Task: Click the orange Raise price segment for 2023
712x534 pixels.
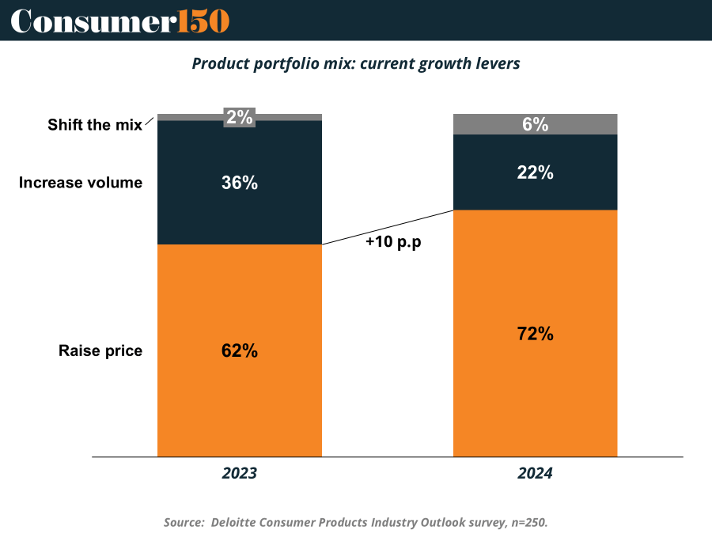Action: (x=240, y=396)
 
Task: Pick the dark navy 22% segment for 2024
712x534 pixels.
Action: (x=535, y=190)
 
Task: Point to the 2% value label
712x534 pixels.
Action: (x=240, y=118)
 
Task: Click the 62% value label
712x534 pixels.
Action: (x=240, y=350)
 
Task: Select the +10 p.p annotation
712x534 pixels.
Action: (x=393, y=243)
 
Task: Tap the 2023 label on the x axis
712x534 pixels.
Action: (x=240, y=474)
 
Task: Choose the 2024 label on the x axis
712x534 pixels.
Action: (x=535, y=474)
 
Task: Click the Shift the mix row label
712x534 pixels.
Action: (x=95, y=125)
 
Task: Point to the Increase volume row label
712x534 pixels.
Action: (x=81, y=183)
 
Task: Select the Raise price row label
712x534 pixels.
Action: (x=100, y=350)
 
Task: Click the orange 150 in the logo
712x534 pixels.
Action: (x=203, y=21)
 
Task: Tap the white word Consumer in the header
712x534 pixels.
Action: (x=92, y=21)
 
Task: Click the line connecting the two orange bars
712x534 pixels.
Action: (x=388, y=227)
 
